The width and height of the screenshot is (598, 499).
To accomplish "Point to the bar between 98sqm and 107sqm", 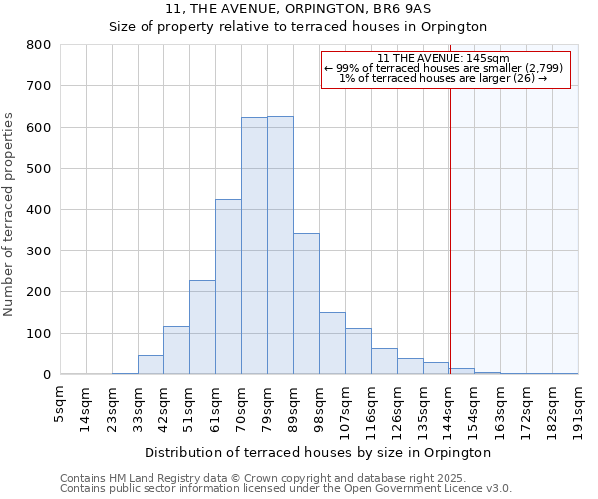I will click(x=332, y=343).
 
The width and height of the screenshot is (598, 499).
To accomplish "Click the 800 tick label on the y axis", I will click(x=38, y=45).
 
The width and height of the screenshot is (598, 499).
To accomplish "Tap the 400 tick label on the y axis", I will click(x=38, y=210).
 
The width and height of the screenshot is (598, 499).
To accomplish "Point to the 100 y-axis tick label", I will click(x=38, y=333).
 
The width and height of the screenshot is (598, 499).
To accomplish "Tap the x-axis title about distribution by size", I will click(x=318, y=452).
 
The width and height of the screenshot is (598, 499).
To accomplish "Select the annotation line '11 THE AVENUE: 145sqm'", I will click(x=445, y=58).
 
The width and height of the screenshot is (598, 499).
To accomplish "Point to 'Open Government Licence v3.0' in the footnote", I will click(x=431, y=488).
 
